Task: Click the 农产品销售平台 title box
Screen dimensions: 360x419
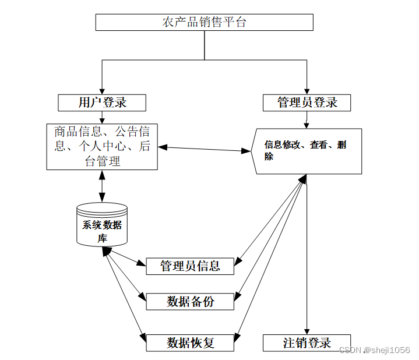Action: (x=204, y=22)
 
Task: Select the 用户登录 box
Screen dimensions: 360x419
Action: (x=102, y=103)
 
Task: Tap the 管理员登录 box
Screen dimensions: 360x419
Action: (x=307, y=103)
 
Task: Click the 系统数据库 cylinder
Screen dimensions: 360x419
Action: (x=102, y=225)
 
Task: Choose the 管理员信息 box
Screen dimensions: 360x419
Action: (x=190, y=266)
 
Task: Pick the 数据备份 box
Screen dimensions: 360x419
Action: (x=190, y=301)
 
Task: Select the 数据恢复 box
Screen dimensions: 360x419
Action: (x=190, y=343)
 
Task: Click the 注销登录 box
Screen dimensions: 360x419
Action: (x=307, y=343)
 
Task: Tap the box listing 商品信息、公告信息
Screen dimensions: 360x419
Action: (x=102, y=146)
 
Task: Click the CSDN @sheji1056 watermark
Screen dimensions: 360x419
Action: (x=374, y=350)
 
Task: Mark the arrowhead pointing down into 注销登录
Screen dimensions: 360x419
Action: (x=307, y=330)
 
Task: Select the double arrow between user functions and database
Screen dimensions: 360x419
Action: (x=103, y=186)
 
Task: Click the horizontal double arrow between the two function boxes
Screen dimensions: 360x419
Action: (x=204, y=149)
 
